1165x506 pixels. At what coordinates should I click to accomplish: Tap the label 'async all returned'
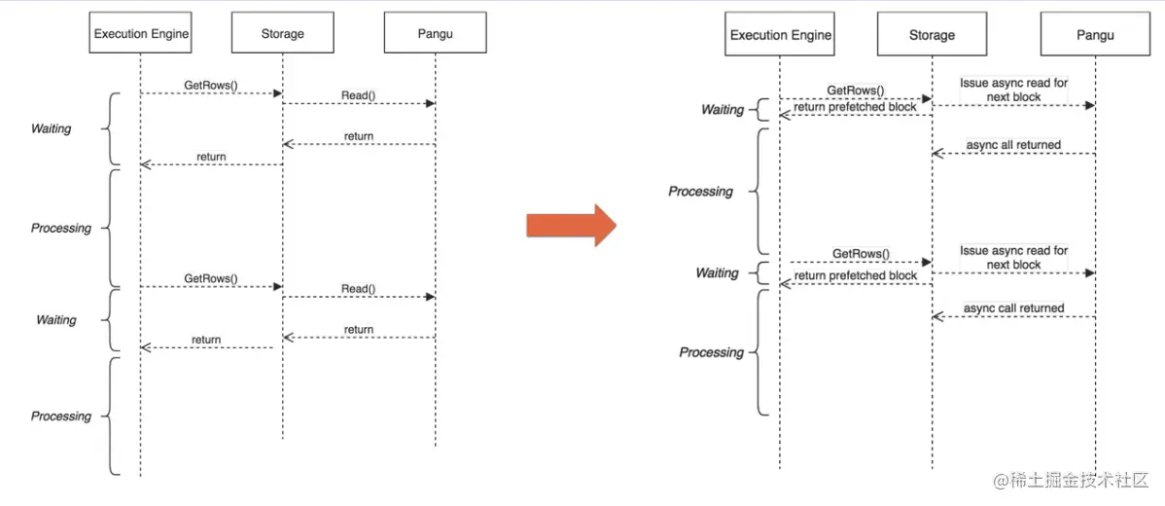(1013, 145)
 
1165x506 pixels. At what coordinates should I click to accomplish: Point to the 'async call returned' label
(1013, 308)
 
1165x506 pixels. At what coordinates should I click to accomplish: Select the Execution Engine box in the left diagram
(141, 34)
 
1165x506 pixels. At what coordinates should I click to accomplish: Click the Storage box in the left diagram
(282, 34)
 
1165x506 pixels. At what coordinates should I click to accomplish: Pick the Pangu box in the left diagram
(435, 34)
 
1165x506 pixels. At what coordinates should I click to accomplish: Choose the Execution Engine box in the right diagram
(780, 35)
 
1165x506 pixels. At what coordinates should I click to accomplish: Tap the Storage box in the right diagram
(932, 35)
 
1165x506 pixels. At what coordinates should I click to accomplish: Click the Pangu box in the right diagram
(1094, 35)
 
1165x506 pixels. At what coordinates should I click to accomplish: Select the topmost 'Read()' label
(358, 95)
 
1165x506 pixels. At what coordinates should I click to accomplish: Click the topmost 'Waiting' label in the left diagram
(51, 128)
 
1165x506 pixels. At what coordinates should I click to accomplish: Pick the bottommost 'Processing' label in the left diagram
(61, 416)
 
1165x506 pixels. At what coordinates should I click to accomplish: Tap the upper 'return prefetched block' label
(855, 107)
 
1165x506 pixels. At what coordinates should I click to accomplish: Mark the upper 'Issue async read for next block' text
(1013, 90)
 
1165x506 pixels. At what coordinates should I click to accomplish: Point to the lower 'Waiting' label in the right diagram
(717, 273)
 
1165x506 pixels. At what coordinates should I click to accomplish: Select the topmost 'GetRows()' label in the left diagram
(211, 86)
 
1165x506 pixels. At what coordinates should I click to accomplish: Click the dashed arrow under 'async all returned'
(1013, 154)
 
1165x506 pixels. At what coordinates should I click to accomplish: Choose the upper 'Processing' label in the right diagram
(700, 192)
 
